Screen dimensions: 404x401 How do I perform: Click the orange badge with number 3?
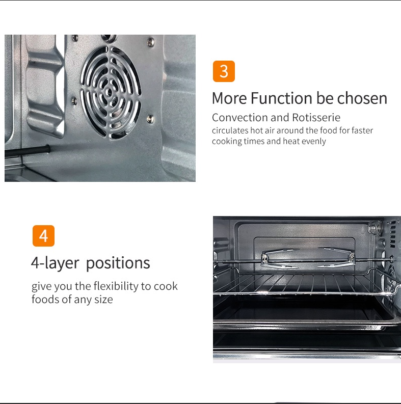[224, 71]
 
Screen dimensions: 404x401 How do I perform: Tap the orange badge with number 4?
[43, 236]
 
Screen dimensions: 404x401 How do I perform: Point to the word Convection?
[239, 118]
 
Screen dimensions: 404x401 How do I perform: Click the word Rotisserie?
[316, 118]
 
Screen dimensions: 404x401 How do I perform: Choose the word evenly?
[313, 141]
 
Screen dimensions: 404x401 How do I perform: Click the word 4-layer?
[55, 263]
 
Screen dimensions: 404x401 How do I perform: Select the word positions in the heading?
[118, 263]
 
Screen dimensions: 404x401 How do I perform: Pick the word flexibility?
[112, 286]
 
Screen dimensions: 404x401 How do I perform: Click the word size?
[103, 300]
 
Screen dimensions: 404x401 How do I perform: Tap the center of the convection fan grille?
[109, 92]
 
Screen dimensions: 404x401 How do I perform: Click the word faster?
[362, 130]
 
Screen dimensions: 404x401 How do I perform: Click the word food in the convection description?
[329, 130]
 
